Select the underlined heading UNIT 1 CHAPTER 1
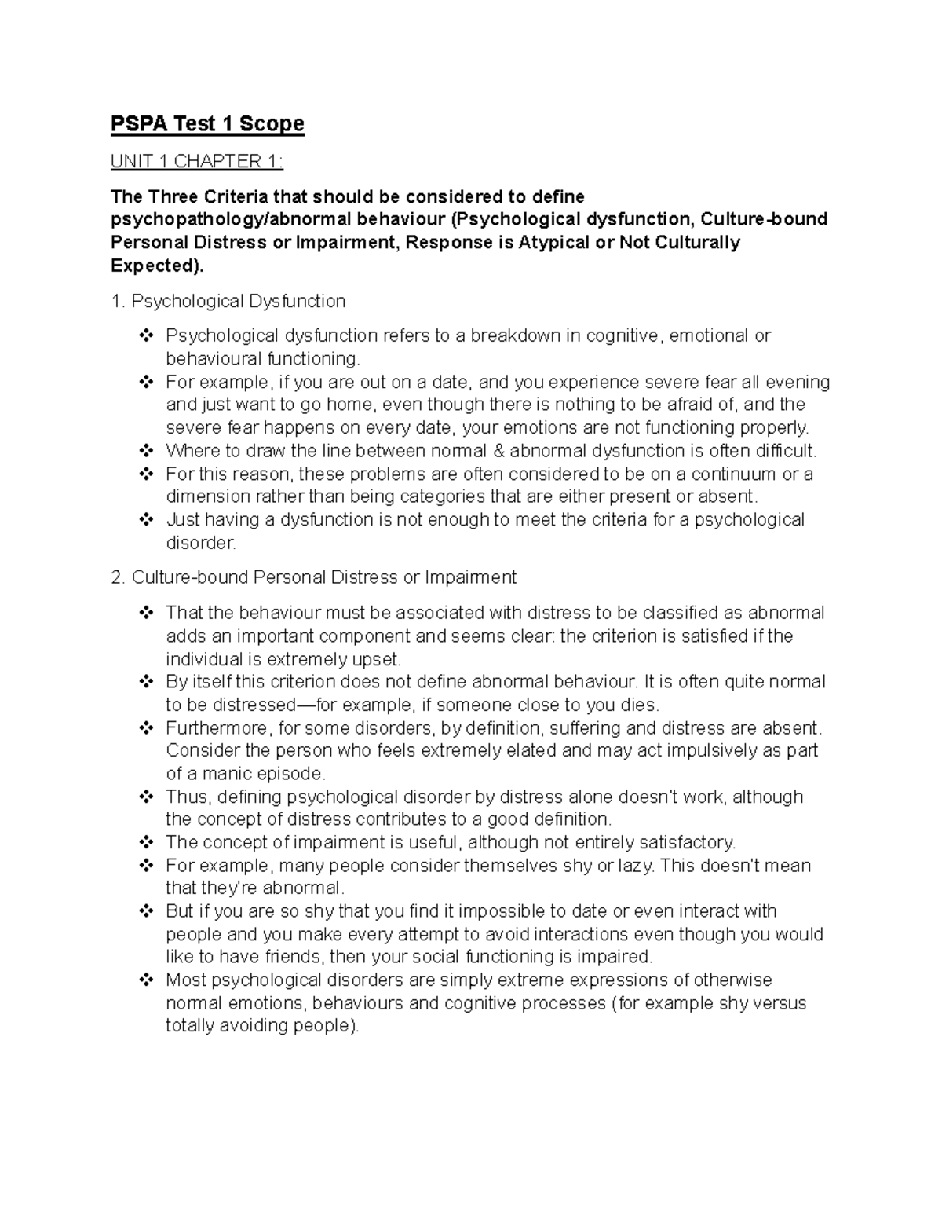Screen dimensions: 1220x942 pyautogui.click(x=195, y=162)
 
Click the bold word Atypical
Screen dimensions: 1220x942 pyautogui.click(x=555, y=242)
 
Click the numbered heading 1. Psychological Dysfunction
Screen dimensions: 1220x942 pyautogui.click(x=228, y=301)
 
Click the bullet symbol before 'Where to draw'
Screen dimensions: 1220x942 pyautogui.click(x=146, y=451)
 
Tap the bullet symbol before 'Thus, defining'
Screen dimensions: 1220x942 pyautogui.click(x=146, y=797)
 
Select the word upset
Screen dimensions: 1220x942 pyautogui.click(x=379, y=658)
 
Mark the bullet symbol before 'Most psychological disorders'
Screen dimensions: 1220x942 pyautogui.click(x=146, y=980)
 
